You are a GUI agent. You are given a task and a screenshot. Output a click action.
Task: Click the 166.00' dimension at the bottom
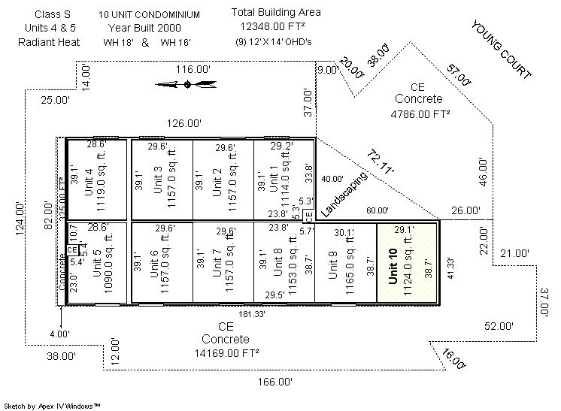274,382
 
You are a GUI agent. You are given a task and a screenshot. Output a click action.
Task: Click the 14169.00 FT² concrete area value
226,352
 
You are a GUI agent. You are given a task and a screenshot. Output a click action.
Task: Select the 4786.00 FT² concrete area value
420,114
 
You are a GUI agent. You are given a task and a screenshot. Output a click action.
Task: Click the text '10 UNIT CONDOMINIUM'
149,14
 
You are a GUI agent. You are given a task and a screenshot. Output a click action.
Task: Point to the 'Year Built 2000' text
150,28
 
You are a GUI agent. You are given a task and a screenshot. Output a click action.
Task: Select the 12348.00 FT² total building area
276,26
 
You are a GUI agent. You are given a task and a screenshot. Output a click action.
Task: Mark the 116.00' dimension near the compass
193,69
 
